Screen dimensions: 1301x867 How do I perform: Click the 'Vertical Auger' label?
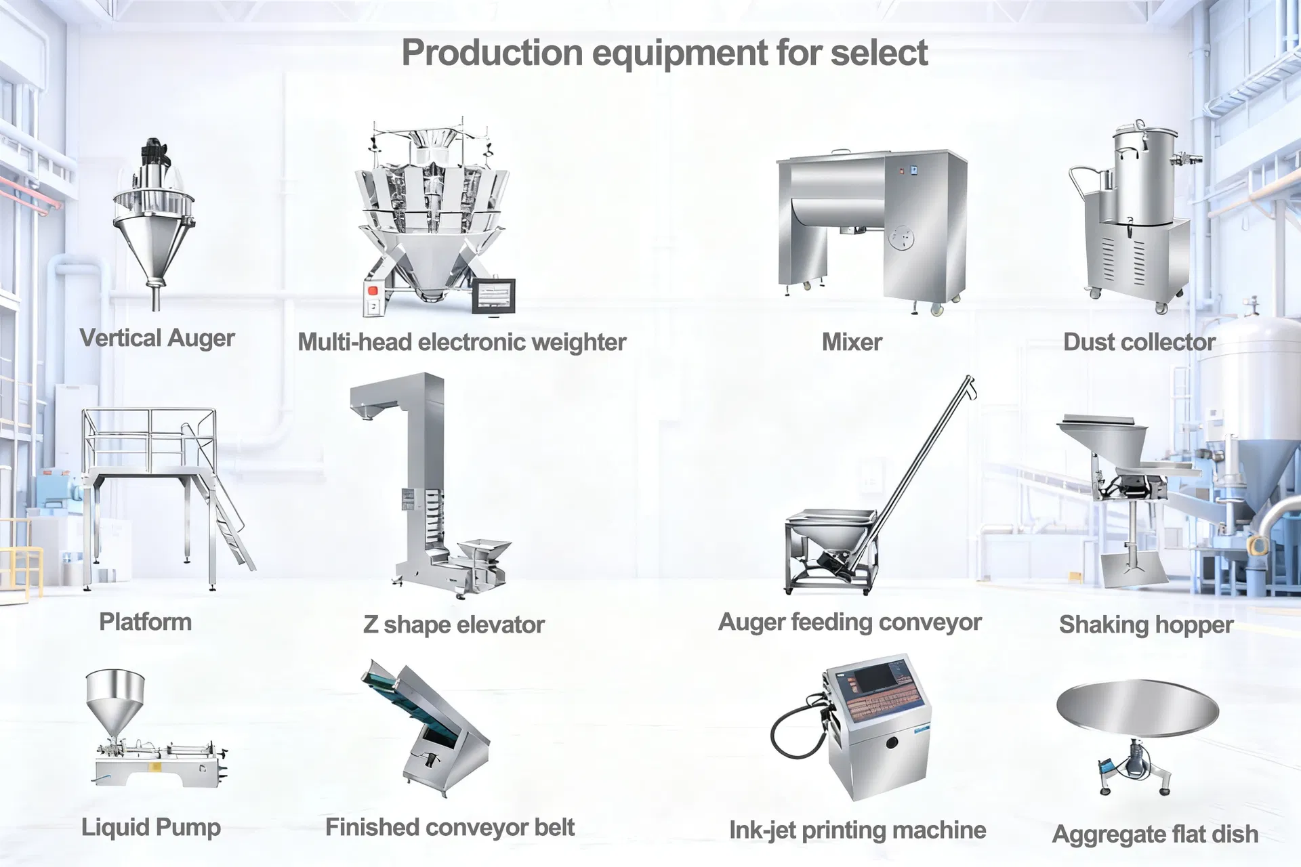157,338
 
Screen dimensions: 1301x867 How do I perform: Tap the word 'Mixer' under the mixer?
852,342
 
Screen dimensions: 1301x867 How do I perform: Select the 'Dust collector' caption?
1140,342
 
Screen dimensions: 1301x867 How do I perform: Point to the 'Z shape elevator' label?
454,625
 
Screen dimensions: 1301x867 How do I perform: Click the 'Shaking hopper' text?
1147,625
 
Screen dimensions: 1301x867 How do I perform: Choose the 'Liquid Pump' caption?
151,827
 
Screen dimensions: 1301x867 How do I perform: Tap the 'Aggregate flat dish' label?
1155,834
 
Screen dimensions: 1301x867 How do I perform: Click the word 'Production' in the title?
493,53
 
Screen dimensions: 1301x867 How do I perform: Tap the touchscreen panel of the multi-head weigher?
494,296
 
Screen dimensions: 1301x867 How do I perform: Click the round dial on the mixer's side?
901,238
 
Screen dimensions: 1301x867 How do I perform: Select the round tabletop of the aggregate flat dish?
1138,709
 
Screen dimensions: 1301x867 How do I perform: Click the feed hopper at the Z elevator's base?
484,549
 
